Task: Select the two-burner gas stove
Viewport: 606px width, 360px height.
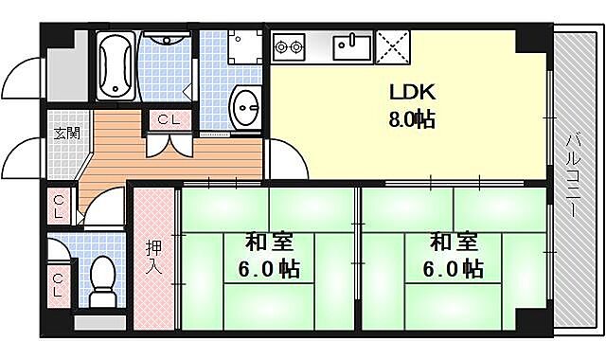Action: [x=289, y=45]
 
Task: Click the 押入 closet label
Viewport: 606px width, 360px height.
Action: [x=153, y=258]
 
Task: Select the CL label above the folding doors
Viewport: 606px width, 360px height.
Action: [x=170, y=120]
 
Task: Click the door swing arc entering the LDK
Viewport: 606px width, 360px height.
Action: [x=284, y=156]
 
